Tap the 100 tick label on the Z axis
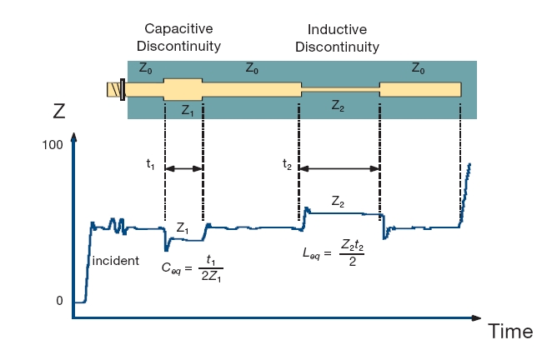point(52,145)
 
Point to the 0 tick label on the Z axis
point(59,301)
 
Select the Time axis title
point(510,332)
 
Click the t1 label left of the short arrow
point(150,164)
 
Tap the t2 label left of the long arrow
point(287,164)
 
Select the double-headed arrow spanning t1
point(184,169)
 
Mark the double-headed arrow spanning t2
point(339,169)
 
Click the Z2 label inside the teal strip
point(339,106)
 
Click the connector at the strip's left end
point(113,88)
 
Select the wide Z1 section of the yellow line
point(183,88)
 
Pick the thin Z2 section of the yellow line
point(340,88)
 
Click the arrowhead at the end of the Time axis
point(476,317)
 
